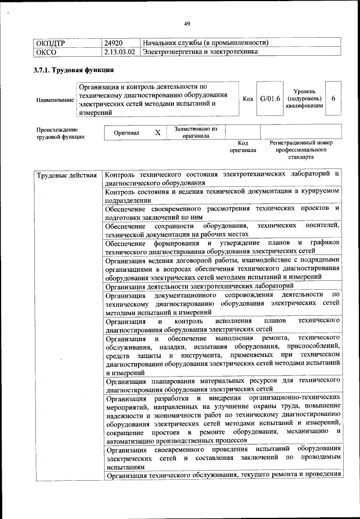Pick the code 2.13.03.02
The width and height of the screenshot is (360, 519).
(120, 52)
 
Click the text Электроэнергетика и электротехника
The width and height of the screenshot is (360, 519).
(201, 52)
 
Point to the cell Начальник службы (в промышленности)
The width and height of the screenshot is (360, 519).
(205, 43)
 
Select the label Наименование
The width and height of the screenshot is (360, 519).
(55, 100)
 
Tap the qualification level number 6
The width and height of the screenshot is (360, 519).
(333, 99)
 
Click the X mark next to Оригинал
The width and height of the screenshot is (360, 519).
(158, 132)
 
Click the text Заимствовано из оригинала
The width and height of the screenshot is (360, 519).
(196, 132)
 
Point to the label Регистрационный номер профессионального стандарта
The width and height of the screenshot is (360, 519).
(301, 150)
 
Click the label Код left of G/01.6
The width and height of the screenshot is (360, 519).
(247, 99)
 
